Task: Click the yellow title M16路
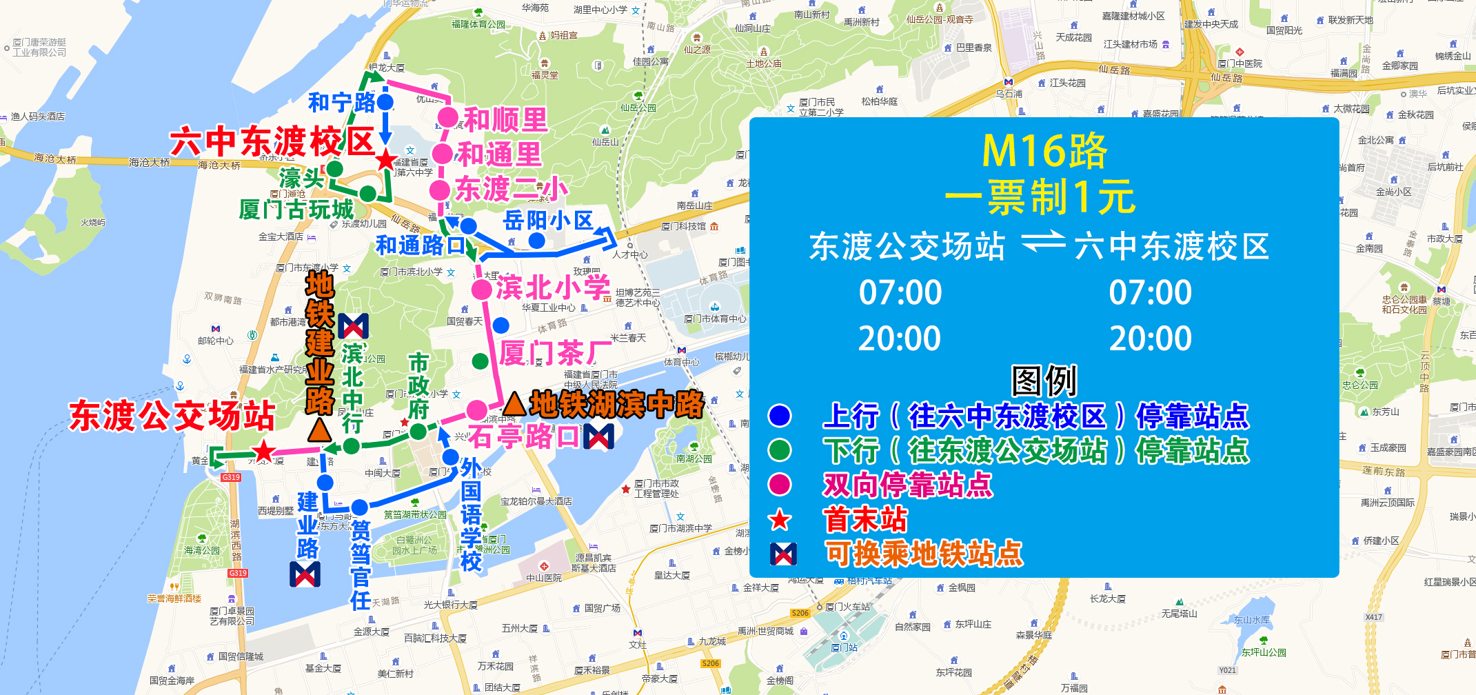point(1044,151)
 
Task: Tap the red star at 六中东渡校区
point(386,160)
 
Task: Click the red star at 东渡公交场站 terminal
point(263,452)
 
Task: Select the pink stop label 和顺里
point(505,120)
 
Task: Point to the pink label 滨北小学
point(553,288)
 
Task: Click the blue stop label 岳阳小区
point(548,221)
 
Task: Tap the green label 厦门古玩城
point(296,209)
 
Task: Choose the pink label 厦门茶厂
point(556,353)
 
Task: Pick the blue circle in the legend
point(780,416)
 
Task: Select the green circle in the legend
point(780,450)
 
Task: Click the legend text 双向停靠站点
point(908,485)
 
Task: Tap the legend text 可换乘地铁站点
point(924,554)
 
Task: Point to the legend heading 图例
point(1044,380)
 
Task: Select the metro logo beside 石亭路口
point(598,436)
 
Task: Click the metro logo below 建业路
point(305,574)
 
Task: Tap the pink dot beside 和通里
point(443,153)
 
